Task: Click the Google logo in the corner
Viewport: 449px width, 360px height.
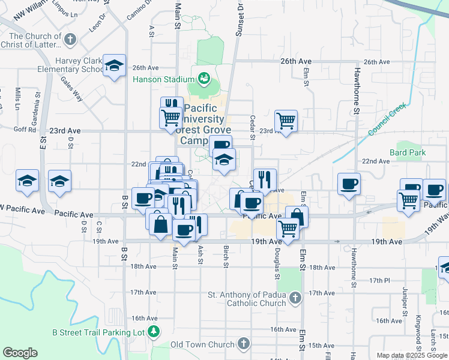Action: pyautogui.click(x=20, y=353)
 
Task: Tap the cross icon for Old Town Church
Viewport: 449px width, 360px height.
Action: pyautogui.click(x=243, y=344)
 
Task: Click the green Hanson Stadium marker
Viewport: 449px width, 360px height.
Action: pyautogui.click(x=203, y=79)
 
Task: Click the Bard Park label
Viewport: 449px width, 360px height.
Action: pyautogui.click(x=408, y=152)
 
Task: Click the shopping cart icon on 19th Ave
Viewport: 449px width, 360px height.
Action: pyautogui.click(x=288, y=228)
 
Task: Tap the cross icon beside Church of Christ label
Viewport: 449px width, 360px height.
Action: pyautogui.click(x=70, y=40)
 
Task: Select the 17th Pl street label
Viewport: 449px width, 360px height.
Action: pyautogui.click(x=380, y=280)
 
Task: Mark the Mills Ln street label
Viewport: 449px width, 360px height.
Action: pyautogui.click(x=17, y=100)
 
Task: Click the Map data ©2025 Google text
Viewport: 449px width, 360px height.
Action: pyautogui.click(x=411, y=355)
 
